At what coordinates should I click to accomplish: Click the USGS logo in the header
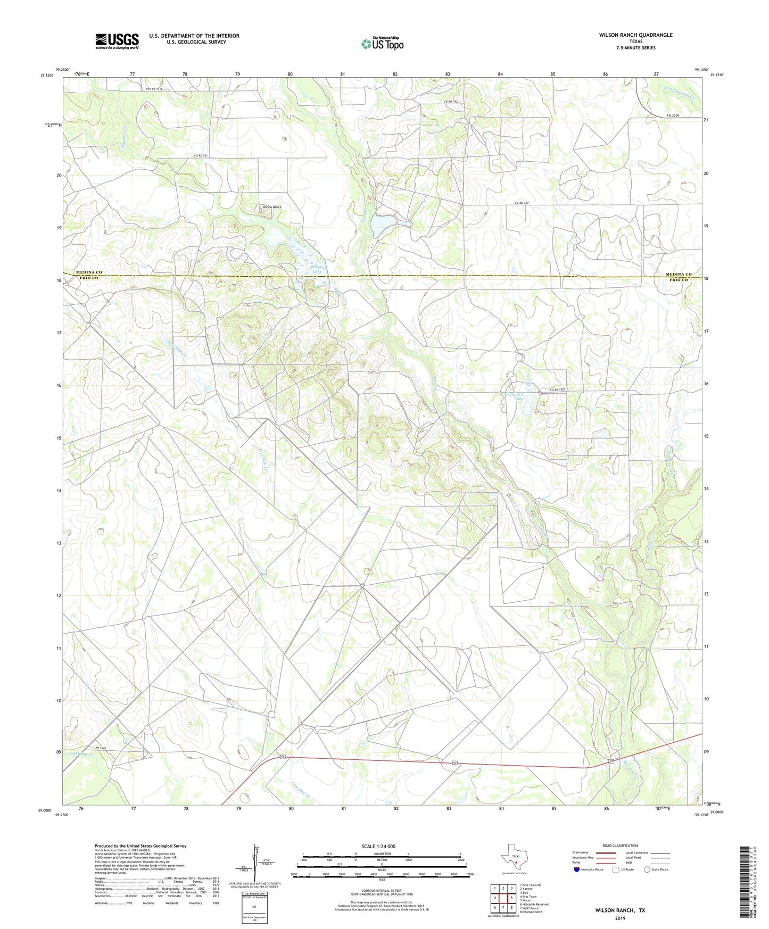tap(117, 41)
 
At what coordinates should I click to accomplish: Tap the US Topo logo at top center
tap(382, 44)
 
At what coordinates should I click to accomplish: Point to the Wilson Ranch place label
tap(272, 207)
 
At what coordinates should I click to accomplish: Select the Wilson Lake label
tap(317, 269)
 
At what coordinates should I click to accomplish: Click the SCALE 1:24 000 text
tap(378, 846)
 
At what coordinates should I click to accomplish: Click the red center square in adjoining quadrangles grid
tap(503, 897)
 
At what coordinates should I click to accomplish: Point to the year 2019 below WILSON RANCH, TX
tap(620, 918)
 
